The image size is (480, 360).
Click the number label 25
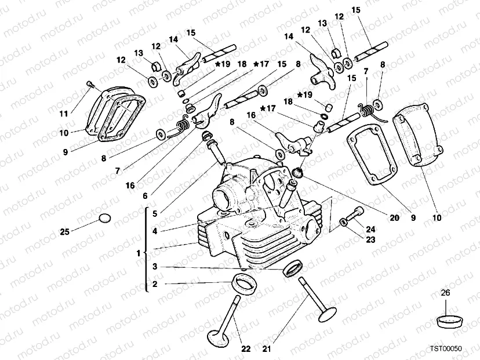pos(65,232)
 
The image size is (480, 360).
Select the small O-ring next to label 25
pos(104,219)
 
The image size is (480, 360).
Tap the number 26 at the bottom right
pos(445,293)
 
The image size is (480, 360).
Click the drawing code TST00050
pos(445,349)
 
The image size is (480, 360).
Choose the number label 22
pos(246,349)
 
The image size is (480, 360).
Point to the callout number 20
pos(395,219)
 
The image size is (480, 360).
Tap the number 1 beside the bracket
pos(138,254)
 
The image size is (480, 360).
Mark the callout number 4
pos(155,231)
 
